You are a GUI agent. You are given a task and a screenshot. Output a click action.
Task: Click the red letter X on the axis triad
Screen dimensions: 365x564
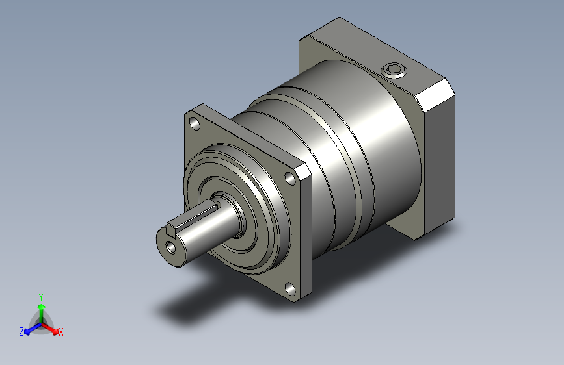[61, 333]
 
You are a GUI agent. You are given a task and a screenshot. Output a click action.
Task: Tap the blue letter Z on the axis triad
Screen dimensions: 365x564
[21, 332]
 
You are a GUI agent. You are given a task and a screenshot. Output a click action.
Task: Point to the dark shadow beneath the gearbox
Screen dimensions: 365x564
[195, 305]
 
